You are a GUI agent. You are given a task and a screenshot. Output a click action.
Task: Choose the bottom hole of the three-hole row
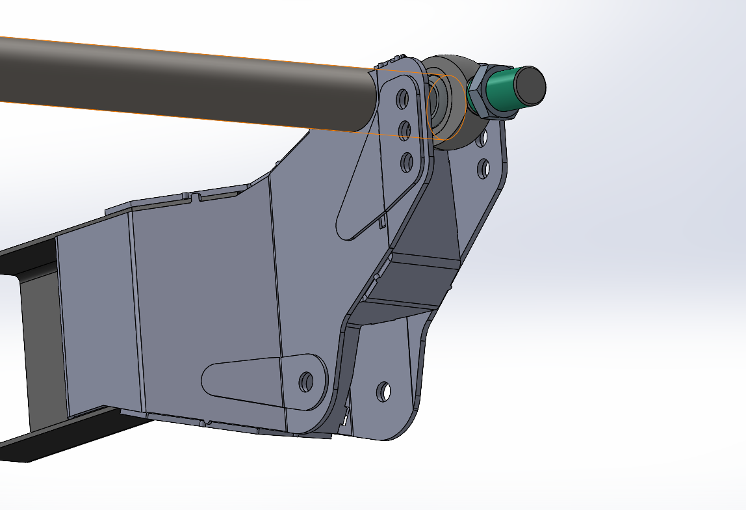(407, 161)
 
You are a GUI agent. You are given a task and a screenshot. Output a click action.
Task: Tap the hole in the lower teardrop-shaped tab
(305, 381)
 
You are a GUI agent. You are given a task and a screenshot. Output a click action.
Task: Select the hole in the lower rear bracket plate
(384, 391)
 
